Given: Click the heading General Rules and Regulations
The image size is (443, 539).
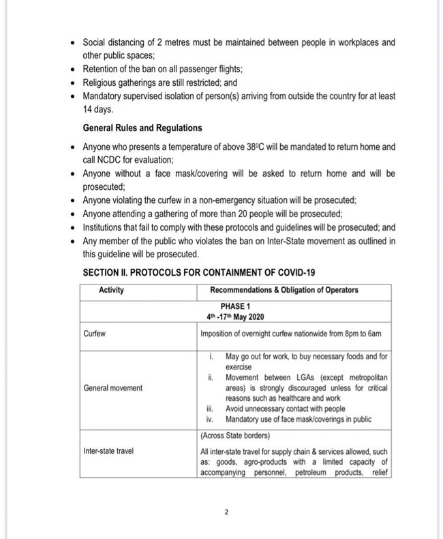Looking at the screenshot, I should pyautogui.click(x=142, y=127).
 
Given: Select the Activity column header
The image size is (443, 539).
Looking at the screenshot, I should pyautogui.click(x=111, y=291).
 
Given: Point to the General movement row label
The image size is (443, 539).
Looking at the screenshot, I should pyautogui.click(x=113, y=388).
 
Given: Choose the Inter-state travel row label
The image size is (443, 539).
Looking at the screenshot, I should pyautogui.click(x=108, y=451).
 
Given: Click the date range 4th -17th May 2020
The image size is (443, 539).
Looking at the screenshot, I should pyautogui.click(x=236, y=317).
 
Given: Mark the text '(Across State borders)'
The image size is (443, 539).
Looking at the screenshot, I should pyautogui.click(x=236, y=435).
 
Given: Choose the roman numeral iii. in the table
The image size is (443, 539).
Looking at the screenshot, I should pyautogui.click(x=211, y=409).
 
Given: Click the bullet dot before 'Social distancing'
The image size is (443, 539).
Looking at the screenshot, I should pyautogui.click(x=74, y=43).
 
